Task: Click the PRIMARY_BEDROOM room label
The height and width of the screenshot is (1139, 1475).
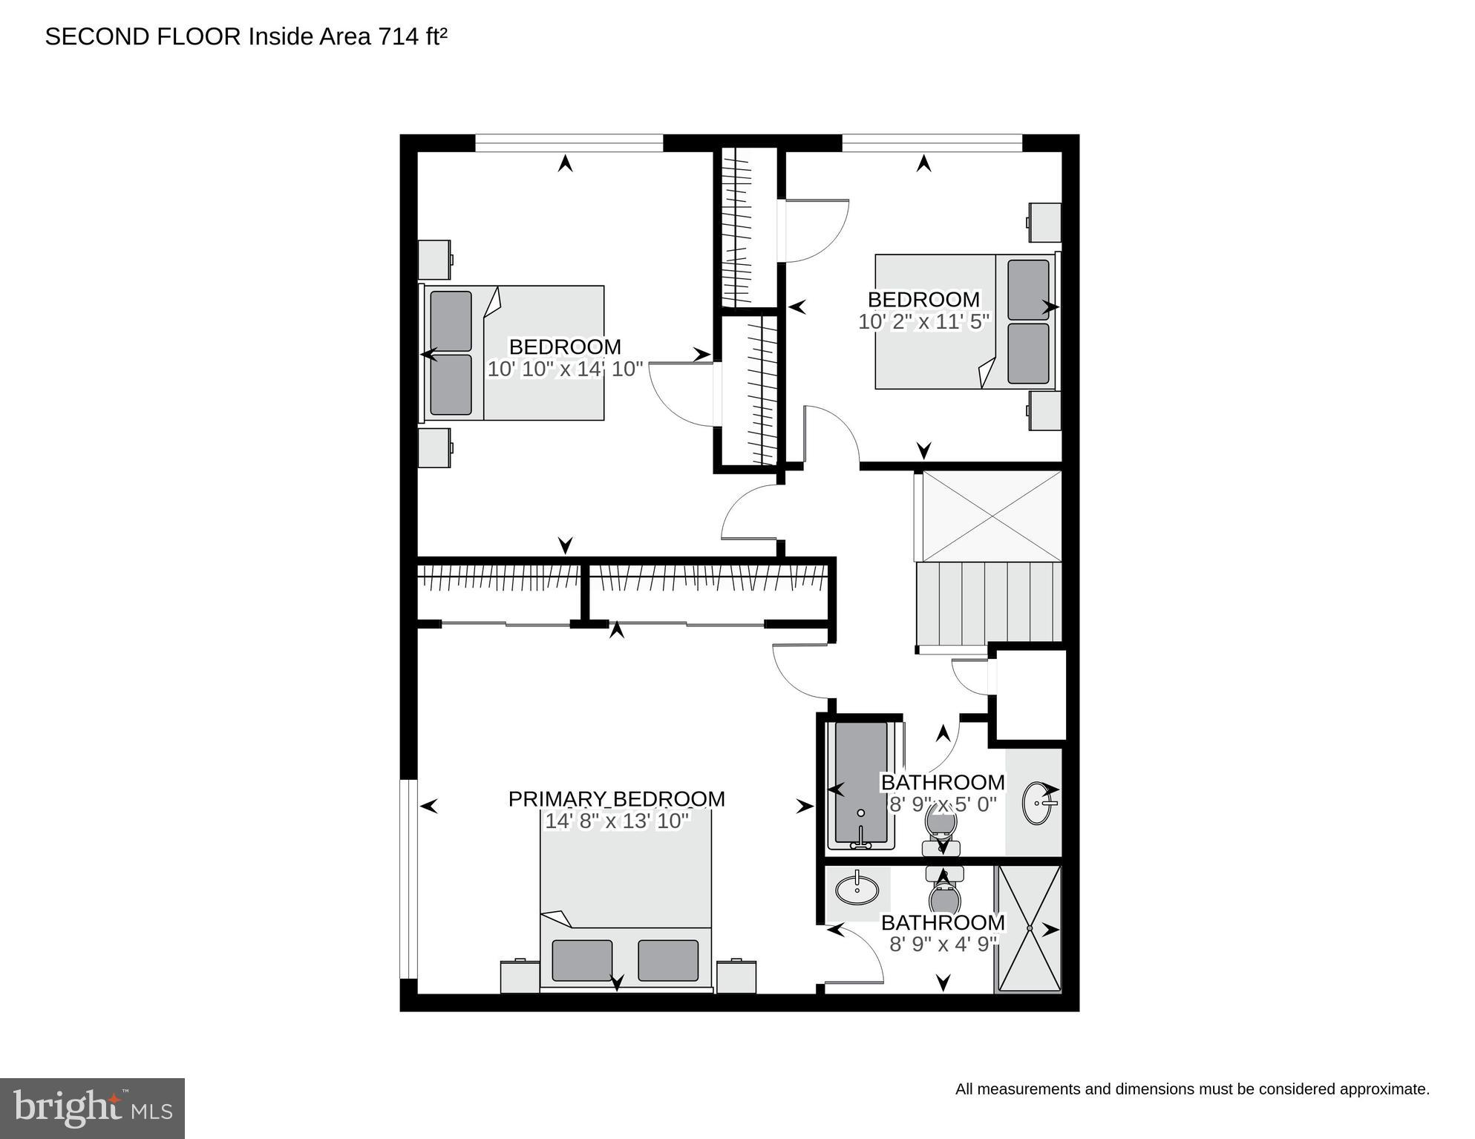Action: pyautogui.click(x=616, y=798)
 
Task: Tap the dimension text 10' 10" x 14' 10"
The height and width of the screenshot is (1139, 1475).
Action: pyautogui.click(x=564, y=369)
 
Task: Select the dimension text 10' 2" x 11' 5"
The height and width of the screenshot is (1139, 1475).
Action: pyautogui.click(x=923, y=321)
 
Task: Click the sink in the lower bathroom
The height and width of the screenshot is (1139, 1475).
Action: pyautogui.click(x=857, y=889)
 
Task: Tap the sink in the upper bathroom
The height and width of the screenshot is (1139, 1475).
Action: pyautogui.click(x=1036, y=803)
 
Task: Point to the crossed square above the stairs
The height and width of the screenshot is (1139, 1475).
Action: pyautogui.click(x=992, y=516)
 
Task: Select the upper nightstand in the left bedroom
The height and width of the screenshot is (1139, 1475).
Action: pyautogui.click(x=434, y=259)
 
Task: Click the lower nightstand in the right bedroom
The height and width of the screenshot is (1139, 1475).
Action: pyautogui.click(x=1044, y=410)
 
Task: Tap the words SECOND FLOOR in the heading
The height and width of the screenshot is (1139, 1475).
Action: pyautogui.click(x=143, y=36)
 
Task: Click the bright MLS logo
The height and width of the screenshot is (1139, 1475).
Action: pyautogui.click(x=92, y=1108)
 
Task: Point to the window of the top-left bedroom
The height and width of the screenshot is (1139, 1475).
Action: pyautogui.click(x=569, y=142)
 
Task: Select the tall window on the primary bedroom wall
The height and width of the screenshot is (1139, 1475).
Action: pyautogui.click(x=408, y=879)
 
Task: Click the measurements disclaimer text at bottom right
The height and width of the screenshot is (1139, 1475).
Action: pyautogui.click(x=1191, y=1089)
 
